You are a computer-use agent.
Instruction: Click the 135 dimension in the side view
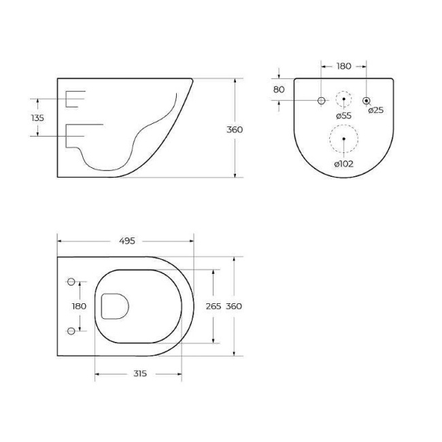[38, 118]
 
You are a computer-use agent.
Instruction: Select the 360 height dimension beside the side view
[235, 129]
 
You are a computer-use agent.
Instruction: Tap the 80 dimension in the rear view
[279, 89]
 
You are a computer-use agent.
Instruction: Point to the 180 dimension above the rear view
[344, 66]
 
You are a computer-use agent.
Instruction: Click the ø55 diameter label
[344, 116]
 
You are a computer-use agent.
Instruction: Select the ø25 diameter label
[376, 109]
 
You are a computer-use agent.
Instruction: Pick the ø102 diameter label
[344, 163]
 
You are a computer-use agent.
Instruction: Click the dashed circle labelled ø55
[344, 99]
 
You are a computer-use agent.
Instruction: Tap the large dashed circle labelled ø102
[344, 139]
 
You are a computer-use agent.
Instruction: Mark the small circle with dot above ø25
[367, 100]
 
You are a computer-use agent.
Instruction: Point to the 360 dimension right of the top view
[234, 306]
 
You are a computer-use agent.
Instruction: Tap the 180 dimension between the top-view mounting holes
[80, 306]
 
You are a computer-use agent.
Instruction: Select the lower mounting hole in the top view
[71, 330]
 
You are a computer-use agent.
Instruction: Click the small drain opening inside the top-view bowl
[114, 307]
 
